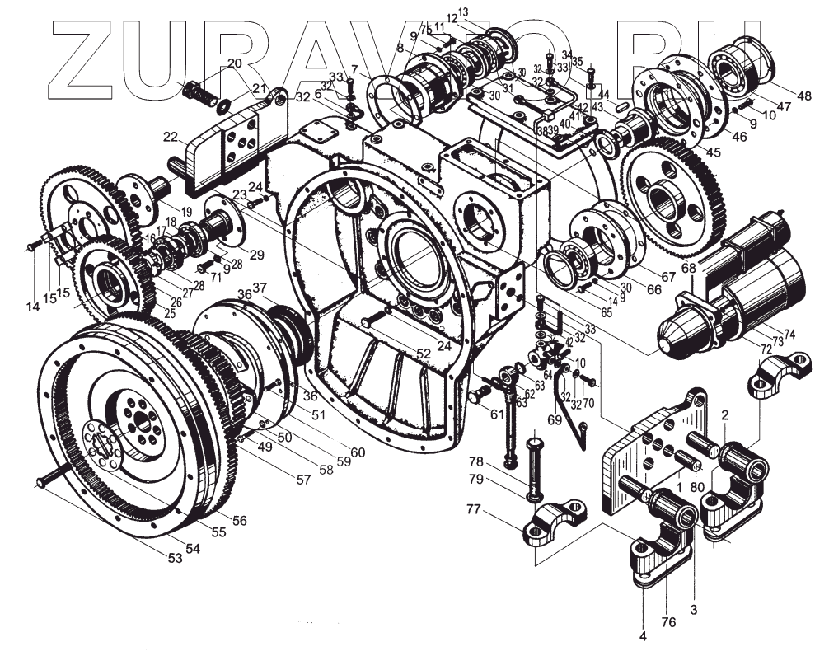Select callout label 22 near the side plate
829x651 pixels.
point(171,137)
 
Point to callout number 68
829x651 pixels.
point(689,268)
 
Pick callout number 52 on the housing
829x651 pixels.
point(424,353)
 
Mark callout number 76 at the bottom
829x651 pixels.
point(668,623)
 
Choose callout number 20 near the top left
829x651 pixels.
point(234,64)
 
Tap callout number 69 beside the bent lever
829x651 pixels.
point(554,420)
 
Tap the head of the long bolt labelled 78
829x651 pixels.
point(534,440)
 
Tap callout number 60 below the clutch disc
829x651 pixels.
point(357,452)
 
